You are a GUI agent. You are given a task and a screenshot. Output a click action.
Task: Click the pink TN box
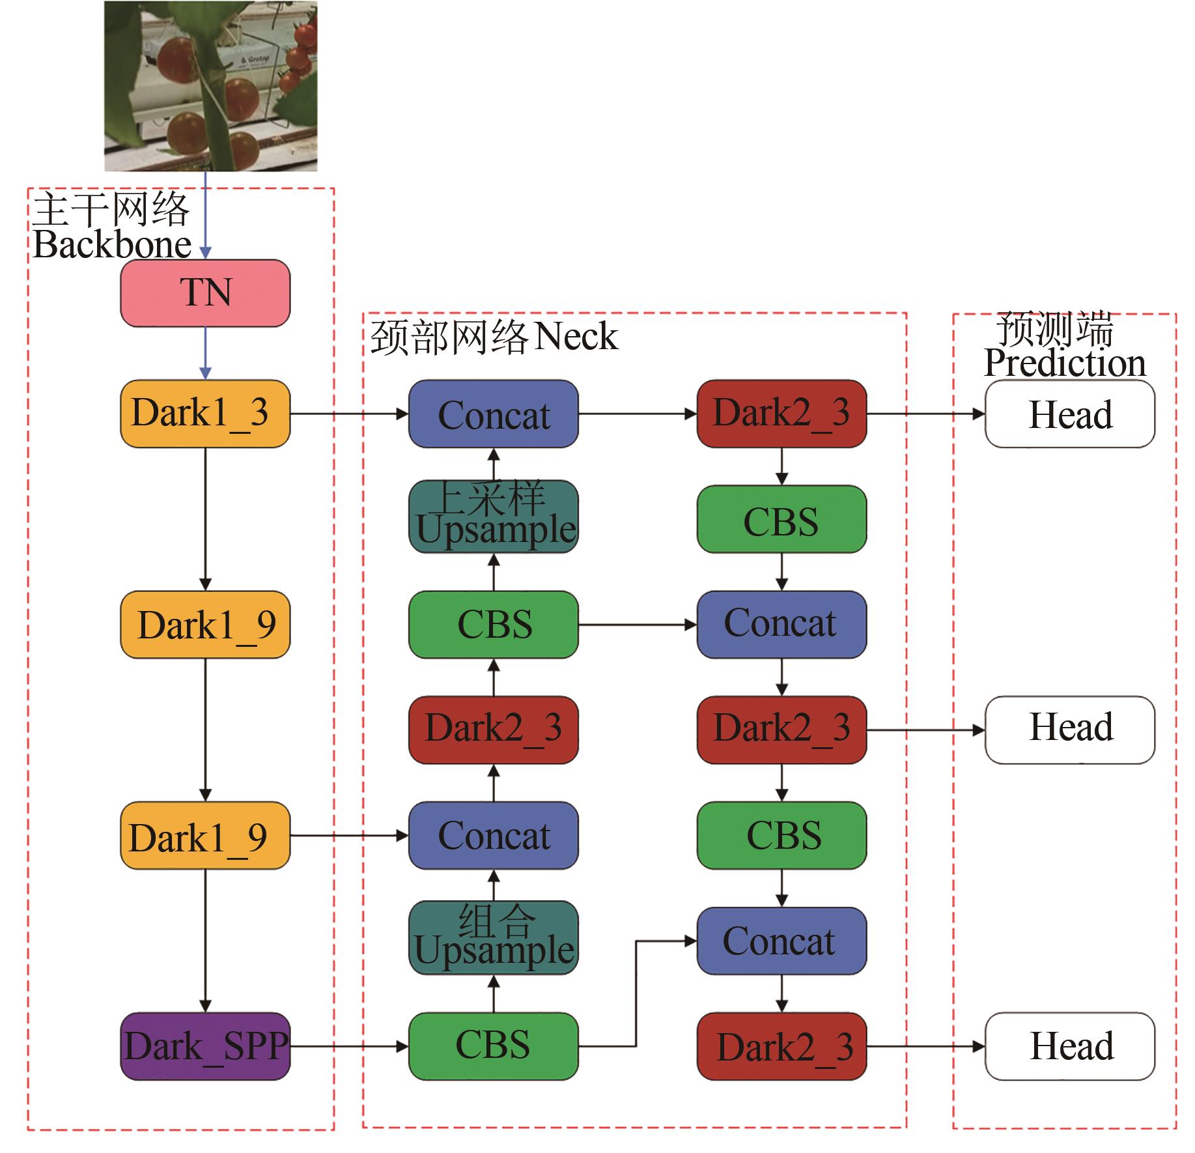(205, 293)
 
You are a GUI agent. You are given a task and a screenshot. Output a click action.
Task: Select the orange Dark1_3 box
(205, 414)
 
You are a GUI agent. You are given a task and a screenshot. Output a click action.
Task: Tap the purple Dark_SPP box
(205, 1046)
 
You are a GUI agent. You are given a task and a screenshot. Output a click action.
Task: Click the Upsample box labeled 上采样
(494, 517)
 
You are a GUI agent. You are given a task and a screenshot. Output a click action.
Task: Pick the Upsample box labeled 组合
(494, 938)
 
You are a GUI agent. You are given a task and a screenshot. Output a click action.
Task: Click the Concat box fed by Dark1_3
(494, 414)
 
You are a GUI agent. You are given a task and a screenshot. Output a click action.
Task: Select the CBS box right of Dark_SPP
(494, 1046)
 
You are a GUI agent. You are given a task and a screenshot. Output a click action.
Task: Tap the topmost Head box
(1070, 414)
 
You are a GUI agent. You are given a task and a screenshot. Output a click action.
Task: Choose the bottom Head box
(1070, 1046)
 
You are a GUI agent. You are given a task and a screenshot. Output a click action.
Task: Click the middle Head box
(1070, 730)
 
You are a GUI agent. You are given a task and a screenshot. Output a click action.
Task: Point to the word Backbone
(112, 246)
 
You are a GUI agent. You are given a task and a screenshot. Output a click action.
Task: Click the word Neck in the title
(576, 337)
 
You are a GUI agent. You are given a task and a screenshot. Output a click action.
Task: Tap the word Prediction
(1065, 363)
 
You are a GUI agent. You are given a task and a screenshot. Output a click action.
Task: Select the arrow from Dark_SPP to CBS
(349, 1047)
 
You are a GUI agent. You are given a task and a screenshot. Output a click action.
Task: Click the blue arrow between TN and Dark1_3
(205, 352)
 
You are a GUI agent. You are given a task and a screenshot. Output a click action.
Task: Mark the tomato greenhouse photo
(211, 86)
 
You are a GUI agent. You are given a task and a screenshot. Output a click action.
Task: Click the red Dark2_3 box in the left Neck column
(494, 730)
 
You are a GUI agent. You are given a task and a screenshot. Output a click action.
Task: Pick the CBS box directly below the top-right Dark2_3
(781, 519)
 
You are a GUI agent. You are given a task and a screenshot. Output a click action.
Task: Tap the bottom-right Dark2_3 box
(781, 1046)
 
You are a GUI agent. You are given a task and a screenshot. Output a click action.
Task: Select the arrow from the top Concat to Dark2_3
(637, 414)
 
